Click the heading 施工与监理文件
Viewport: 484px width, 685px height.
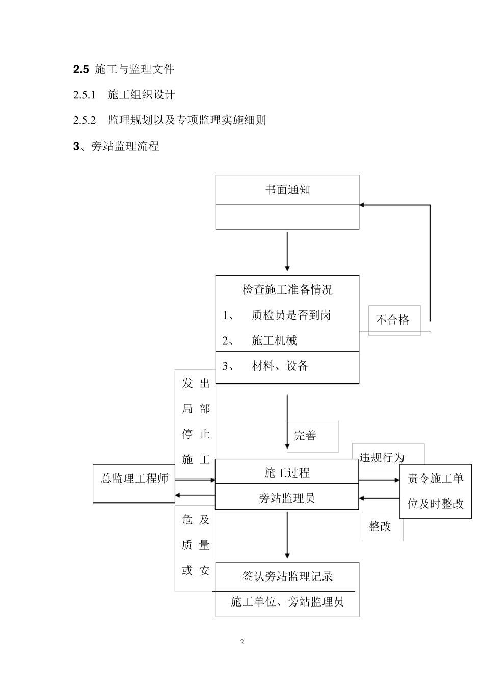click(135, 69)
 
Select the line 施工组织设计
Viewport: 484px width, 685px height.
click(141, 95)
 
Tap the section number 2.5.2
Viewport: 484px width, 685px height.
click(85, 121)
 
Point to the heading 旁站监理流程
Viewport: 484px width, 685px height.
click(125, 147)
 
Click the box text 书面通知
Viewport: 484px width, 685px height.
click(287, 190)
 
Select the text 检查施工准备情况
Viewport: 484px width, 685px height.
click(287, 290)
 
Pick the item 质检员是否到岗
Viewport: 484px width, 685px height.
click(291, 315)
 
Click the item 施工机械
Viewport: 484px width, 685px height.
click(274, 341)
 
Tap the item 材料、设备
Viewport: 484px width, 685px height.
click(280, 366)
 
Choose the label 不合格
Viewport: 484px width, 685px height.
click(392, 320)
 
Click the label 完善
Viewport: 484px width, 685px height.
click(305, 436)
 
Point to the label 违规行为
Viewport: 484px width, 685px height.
click(382, 458)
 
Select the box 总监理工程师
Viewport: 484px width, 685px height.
click(134, 479)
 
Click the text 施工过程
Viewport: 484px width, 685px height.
click(287, 473)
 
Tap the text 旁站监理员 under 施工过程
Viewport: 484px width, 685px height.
click(287, 498)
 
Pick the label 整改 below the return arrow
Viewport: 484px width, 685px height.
click(380, 526)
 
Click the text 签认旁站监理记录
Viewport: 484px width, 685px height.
click(287, 577)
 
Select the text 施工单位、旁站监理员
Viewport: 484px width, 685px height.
click(287, 602)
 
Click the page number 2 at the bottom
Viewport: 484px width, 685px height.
click(242, 642)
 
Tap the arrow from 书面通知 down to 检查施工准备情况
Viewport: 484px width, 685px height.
click(287, 252)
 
